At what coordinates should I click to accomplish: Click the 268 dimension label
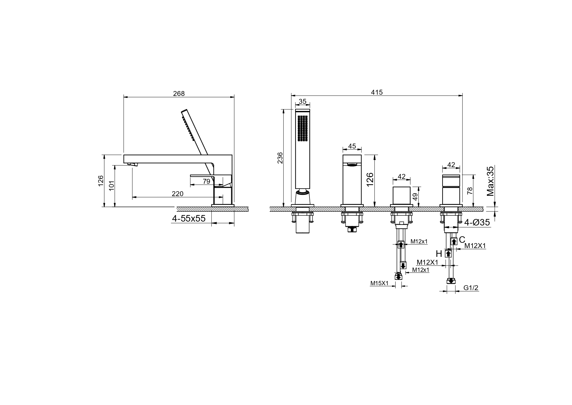tap(179, 94)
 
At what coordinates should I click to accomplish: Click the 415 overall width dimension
tap(377, 92)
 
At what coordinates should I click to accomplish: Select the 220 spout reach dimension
tap(177, 194)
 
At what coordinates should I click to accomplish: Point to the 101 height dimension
tap(112, 186)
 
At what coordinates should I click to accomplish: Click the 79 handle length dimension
tap(206, 181)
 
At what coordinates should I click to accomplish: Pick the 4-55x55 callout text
tap(189, 219)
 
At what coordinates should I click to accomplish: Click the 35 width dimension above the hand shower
tap(303, 101)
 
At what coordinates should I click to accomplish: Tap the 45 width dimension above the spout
tap(352, 146)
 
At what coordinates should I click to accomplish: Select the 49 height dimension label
tap(415, 197)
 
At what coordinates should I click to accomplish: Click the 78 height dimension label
tap(470, 191)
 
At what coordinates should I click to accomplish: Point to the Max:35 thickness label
tap(490, 181)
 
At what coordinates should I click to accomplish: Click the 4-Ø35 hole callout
tap(477, 223)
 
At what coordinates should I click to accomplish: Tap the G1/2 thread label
tap(471, 288)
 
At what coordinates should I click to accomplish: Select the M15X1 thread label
tap(379, 283)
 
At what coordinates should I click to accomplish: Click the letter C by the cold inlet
tap(462, 240)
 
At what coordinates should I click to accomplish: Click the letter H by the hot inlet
tap(439, 254)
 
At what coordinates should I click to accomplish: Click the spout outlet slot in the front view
tap(352, 165)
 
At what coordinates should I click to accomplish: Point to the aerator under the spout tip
tap(133, 164)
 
